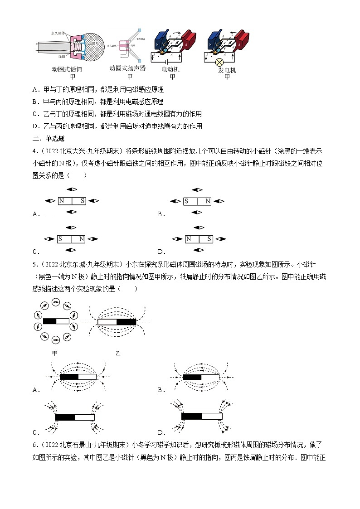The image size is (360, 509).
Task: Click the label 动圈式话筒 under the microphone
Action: click(x=67, y=70)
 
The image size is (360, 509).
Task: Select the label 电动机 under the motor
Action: click(x=170, y=69)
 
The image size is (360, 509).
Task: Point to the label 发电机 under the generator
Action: click(x=227, y=70)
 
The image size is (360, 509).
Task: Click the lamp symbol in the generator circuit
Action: click(x=219, y=62)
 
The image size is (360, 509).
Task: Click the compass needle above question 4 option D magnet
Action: click(x=197, y=228)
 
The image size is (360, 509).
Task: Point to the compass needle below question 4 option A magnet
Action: click(x=72, y=212)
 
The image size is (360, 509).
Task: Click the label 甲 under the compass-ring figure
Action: click(x=55, y=353)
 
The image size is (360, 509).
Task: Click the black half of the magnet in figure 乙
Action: click(x=126, y=322)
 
